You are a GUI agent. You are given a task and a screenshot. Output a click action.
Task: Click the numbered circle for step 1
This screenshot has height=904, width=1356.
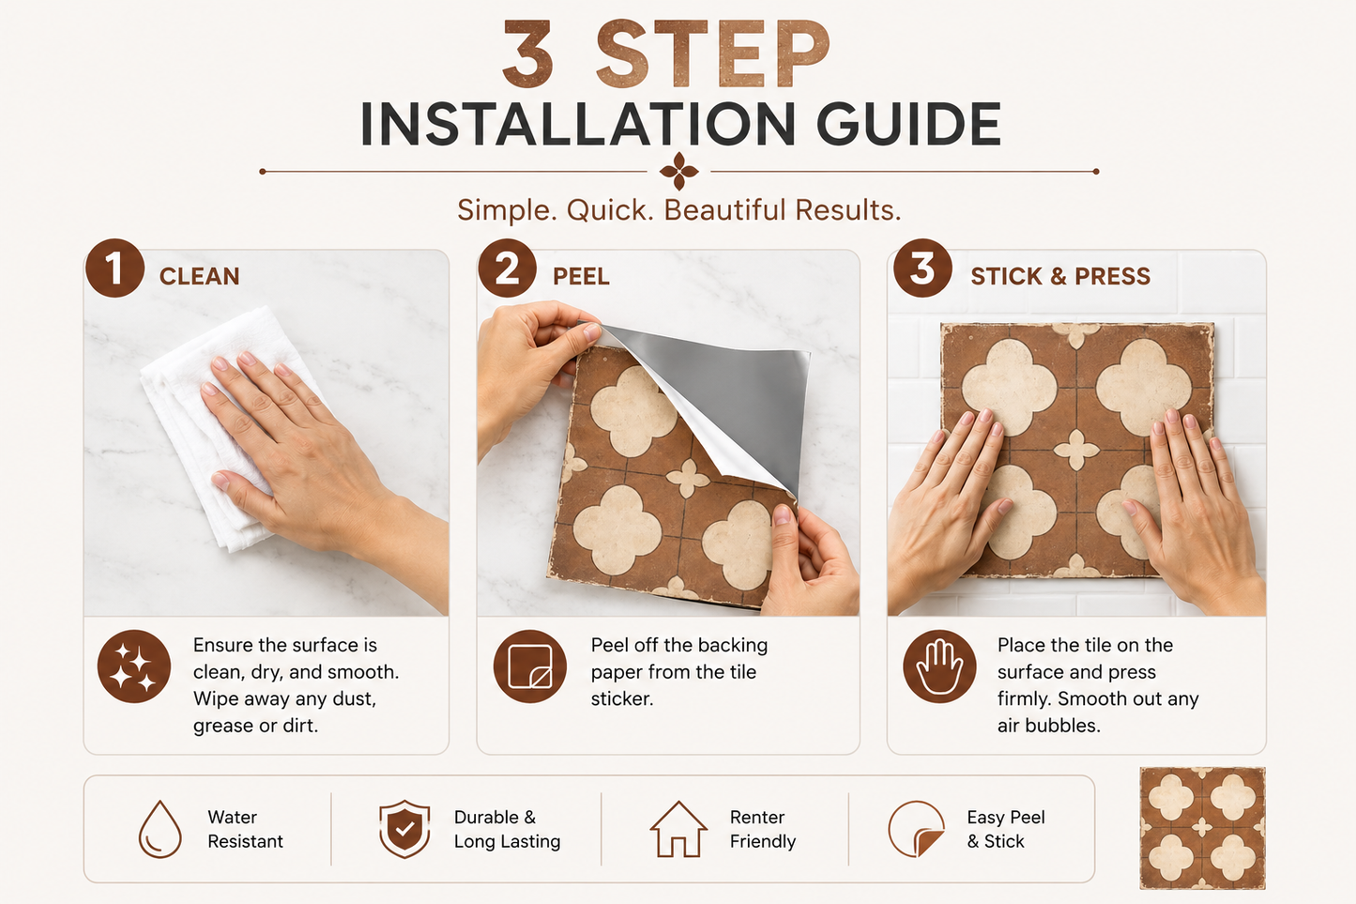click(115, 268)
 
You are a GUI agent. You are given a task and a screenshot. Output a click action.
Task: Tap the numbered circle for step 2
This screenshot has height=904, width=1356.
click(508, 268)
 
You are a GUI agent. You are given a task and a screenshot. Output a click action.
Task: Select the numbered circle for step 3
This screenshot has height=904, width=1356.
click(922, 268)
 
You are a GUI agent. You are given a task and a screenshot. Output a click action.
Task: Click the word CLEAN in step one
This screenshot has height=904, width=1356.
click(200, 277)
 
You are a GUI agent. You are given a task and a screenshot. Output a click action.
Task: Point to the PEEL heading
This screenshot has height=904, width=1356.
click(581, 277)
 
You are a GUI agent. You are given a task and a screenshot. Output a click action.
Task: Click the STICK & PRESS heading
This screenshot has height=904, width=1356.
click(1060, 277)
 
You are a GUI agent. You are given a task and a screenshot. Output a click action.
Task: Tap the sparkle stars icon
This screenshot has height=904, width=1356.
click(134, 667)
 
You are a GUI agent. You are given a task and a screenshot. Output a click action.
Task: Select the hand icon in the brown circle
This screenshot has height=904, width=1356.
click(939, 667)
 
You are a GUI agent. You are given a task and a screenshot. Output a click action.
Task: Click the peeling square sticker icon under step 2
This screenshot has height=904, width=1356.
click(529, 667)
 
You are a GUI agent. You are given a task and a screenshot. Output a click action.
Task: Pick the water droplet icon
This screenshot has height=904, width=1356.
click(160, 829)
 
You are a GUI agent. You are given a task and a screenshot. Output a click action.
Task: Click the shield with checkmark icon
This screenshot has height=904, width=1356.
click(404, 829)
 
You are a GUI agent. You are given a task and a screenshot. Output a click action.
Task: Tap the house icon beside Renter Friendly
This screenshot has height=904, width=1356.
click(678, 829)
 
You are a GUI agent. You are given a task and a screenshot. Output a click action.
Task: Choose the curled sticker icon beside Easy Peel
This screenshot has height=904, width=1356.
click(916, 829)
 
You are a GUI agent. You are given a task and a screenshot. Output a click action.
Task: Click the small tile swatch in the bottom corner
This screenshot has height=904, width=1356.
click(1202, 828)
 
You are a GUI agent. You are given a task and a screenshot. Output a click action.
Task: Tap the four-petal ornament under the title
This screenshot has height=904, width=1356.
click(678, 172)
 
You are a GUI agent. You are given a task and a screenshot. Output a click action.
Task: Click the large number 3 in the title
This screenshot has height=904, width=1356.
click(528, 54)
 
